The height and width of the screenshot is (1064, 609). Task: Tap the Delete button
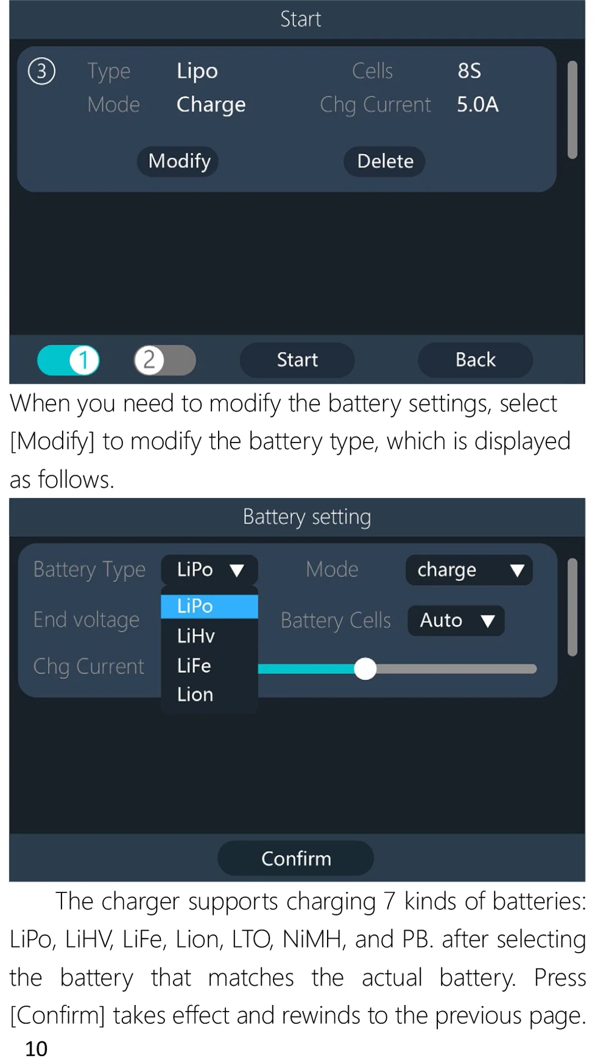point(384,161)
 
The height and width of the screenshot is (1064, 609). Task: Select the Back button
point(475,360)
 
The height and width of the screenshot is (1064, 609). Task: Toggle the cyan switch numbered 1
point(68,360)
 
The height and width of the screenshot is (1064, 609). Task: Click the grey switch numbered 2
point(164,360)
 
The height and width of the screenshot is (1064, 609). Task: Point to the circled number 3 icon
point(41,71)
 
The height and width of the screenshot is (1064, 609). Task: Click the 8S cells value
point(469,71)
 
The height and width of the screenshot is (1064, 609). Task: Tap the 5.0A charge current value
point(477,104)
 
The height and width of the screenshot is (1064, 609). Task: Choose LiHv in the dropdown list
point(196,635)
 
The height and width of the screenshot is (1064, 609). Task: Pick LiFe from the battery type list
point(194,665)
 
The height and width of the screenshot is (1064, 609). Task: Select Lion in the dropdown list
point(195,695)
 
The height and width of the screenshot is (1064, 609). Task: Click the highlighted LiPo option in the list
point(209,606)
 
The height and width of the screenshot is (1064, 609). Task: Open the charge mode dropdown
point(469,570)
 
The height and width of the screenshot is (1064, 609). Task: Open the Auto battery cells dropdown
point(456,621)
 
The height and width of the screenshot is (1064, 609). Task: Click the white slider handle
point(365,668)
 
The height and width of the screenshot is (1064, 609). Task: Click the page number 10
point(36,1048)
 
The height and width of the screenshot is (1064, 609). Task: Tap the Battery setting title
point(307,517)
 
